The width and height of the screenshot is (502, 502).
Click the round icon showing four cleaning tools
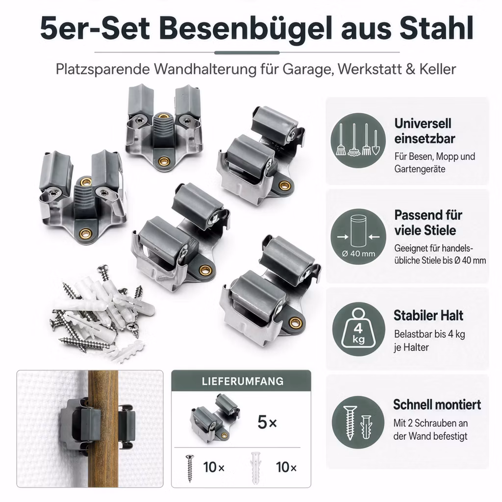pyautogui.click(x=358, y=140)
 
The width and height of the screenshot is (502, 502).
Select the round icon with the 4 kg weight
pyautogui.click(x=358, y=329)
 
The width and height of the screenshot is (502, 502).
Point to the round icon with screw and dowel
pyautogui.click(x=358, y=422)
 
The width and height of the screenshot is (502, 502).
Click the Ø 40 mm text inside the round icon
pyautogui.click(x=358, y=253)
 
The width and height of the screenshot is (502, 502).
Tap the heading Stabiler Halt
pyautogui.click(x=428, y=315)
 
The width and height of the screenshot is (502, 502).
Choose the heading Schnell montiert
pyautogui.click(x=437, y=404)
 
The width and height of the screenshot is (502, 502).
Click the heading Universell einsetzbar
pyautogui.click(x=425, y=131)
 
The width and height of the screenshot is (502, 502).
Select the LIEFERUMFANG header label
pyautogui.click(x=243, y=381)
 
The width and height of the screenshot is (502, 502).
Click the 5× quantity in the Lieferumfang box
pyautogui.click(x=267, y=422)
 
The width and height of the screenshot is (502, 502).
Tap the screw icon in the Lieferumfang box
pyautogui.click(x=190, y=468)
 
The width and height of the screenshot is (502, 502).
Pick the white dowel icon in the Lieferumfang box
pyautogui.click(x=255, y=468)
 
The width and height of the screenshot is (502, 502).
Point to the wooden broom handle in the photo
pyautogui.click(x=103, y=428)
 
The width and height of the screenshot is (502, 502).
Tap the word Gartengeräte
pyautogui.click(x=420, y=169)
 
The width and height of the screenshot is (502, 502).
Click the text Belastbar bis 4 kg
pyautogui.click(x=429, y=334)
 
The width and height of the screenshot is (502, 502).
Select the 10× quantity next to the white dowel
pyautogui.click(x=286, y=467)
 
